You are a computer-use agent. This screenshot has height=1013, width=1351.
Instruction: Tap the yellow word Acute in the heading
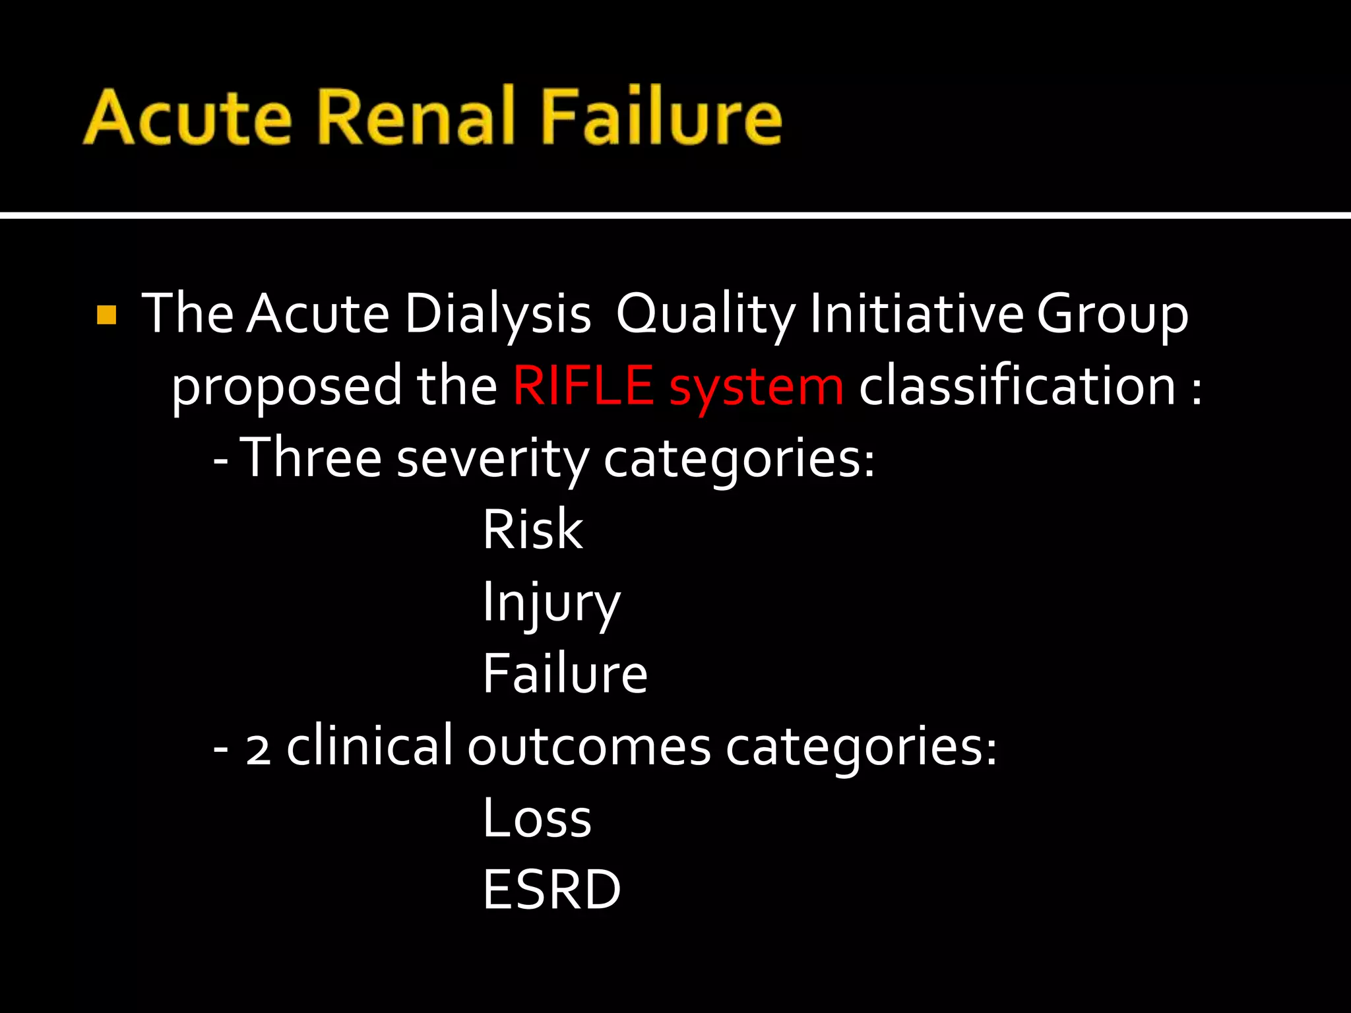click(187, 117)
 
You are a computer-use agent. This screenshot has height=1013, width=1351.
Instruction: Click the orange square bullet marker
click(106, 315)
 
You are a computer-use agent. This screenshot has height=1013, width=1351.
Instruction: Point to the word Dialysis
click(497, 314)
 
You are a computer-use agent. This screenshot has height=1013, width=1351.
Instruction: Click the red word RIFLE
click(583, 386)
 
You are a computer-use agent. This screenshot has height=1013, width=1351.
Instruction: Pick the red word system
click(756, 388)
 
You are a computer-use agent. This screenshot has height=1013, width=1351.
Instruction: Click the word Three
click(310, 458)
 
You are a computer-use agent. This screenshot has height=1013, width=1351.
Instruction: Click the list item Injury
click(551, 603)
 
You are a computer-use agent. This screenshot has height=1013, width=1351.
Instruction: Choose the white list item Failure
click(565, 673)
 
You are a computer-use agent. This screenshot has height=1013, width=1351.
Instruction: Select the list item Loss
click(536, 818)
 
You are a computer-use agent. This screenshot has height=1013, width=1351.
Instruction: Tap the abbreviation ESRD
click(551, 890)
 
